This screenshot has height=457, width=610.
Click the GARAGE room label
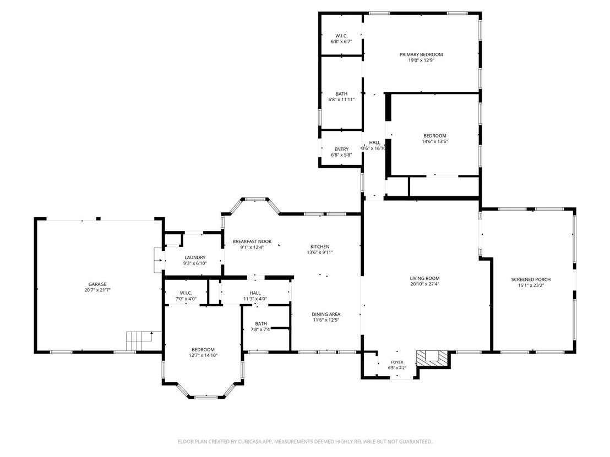click(97, 284)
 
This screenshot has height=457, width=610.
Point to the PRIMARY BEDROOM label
click(421, 54)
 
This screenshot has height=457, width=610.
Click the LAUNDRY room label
click(195, 257)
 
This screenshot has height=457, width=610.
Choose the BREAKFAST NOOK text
click(252, 241)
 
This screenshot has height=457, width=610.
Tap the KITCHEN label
click(320, 246)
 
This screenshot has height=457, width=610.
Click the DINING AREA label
click(326, 314)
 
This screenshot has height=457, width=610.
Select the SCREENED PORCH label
click(531, 279)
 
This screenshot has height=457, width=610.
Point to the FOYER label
click(397, 362)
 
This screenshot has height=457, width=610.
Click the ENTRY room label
click(341, 149)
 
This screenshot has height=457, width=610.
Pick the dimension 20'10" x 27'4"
click(424, 284)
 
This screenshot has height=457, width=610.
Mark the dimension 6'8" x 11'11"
click(341, 100)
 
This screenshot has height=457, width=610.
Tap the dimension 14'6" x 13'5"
click(435, 141)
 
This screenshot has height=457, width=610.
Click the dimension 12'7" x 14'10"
click(203, 355)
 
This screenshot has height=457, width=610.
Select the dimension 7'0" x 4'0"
click(186, 299)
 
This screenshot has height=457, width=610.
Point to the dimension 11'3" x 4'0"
click(255, 299)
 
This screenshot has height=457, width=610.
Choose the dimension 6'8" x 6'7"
click(341, 41)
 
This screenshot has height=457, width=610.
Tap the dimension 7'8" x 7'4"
click(261, 329)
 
